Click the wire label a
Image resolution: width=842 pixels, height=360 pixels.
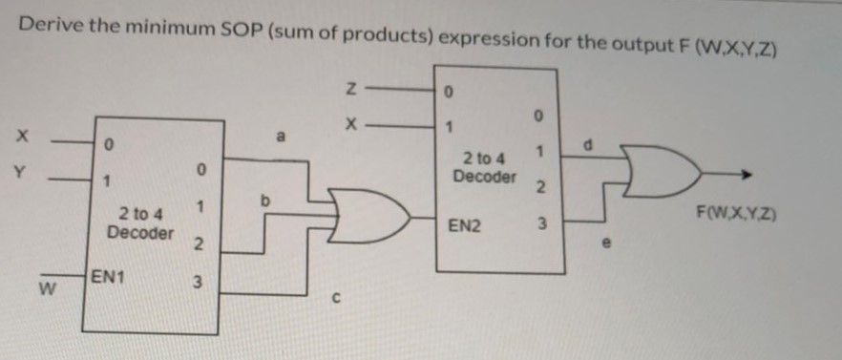pyautogui.click(x=280, y=138)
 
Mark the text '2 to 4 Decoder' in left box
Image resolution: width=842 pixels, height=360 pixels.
pyautogui.click(x=139, y=225)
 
